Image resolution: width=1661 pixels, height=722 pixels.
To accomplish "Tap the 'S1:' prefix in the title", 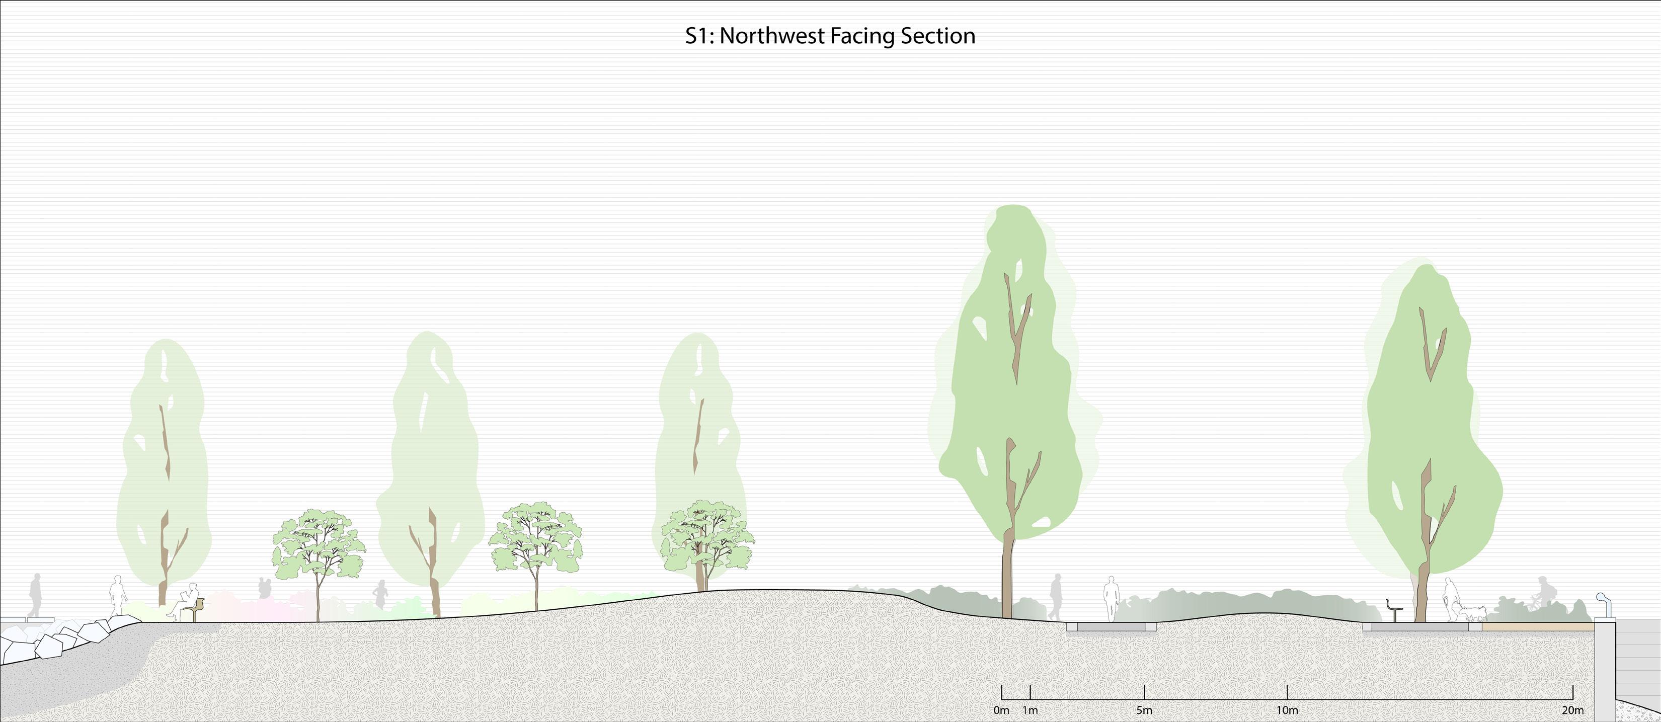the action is (x=699, y=36).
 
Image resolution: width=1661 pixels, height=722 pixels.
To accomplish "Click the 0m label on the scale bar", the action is (x=1001, y=710).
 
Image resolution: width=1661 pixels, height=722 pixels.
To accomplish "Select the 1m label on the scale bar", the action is (x=1031, y=710).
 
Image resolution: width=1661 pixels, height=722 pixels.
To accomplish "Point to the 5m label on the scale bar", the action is (x=1144, y=710).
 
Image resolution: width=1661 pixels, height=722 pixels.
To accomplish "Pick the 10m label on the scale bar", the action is (x=1287, y=710).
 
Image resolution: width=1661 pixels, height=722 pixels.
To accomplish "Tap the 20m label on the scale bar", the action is (x=1572, y=710).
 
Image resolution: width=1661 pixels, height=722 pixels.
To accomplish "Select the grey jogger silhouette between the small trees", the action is (x=380, y=594).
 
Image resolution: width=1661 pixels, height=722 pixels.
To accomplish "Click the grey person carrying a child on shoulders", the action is (x=264, y=588).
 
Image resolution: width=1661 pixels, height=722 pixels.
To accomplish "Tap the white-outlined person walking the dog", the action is (x=1450, y=600).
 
